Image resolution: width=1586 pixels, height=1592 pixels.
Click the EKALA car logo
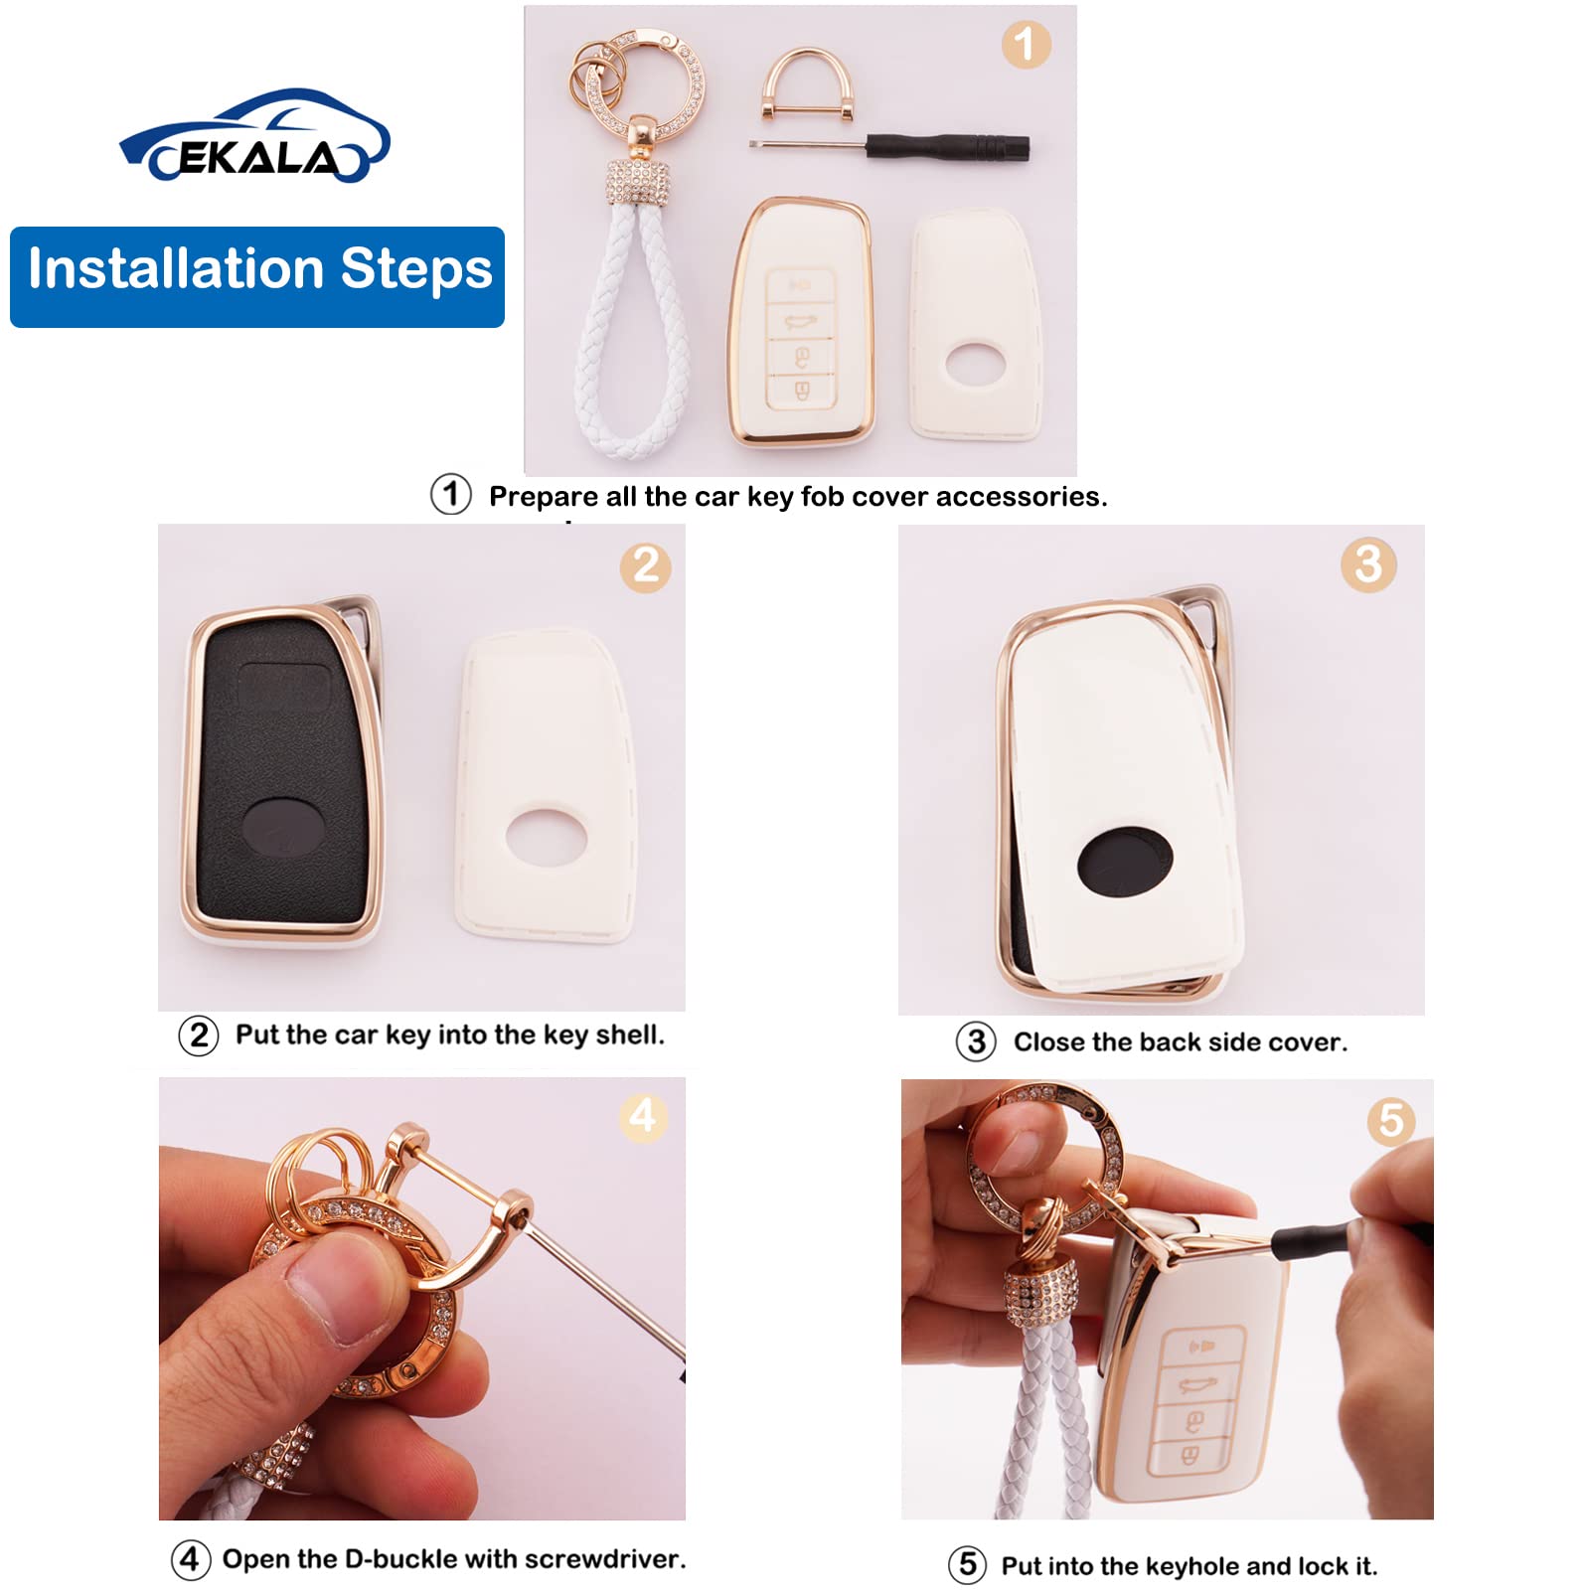pos(254,137)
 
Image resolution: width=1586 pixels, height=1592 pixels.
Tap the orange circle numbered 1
pos(1025,45)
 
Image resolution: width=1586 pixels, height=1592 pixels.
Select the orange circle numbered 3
pos(1368,564)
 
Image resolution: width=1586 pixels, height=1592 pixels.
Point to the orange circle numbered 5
pos(1390,1120)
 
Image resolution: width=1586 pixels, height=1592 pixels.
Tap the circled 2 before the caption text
pos(199,1035)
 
